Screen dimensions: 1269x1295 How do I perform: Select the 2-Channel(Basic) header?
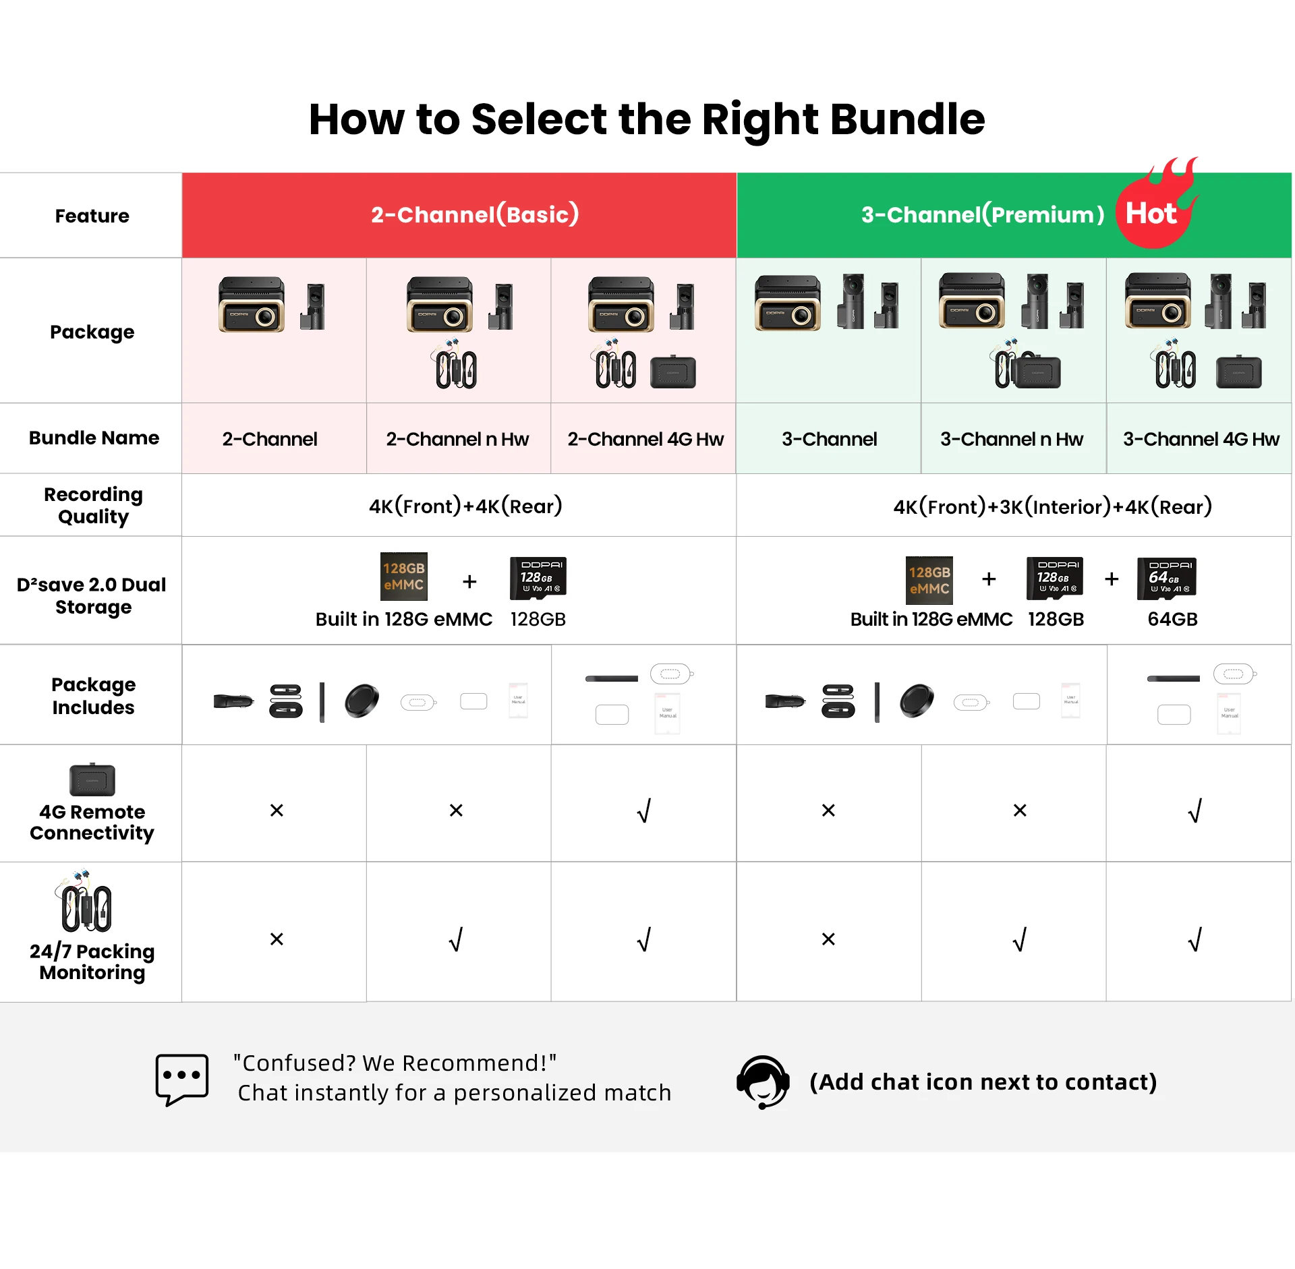click(x=474, y=214)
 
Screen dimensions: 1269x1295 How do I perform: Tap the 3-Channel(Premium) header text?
click(x=982, y=214)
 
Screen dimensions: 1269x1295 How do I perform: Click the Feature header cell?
click(x=92, y=216)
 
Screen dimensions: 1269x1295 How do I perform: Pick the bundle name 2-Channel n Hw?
click(x=457, y=439)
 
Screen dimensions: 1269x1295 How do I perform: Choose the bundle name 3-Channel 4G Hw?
click(x=1201, y=439)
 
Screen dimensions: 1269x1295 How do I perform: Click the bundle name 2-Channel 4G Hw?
click(x=645, y=439)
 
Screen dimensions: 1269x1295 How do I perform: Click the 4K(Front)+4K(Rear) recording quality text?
click(x=465, y=506)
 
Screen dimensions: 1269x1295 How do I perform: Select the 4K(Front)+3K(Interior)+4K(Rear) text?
click(x=1052, y=506)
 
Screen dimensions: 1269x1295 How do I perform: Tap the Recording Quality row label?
click(x=93, y=505)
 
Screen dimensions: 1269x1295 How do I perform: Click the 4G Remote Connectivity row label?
click(x=92, y=822)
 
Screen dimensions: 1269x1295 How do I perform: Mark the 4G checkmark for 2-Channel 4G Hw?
click(x=644, y=810)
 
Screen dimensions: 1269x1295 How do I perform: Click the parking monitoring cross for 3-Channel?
click(x=828, y=939)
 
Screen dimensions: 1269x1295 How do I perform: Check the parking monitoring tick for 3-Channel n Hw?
click(x=1020, y=939)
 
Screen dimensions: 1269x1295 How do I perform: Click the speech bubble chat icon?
click(x=181, y=1079)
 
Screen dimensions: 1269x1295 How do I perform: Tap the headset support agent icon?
click(x=763, y=1081)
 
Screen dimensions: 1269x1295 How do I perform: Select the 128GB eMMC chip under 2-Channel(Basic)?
click(x=403, y=577)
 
